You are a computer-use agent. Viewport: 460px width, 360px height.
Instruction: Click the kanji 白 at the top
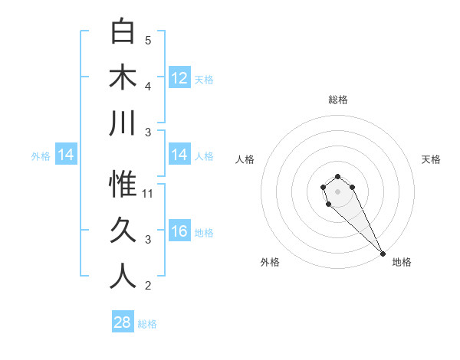(x=123, y=31)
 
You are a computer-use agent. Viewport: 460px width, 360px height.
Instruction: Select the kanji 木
(x=123, y=77)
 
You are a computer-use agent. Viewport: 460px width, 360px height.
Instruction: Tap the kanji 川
(x=123, y=123)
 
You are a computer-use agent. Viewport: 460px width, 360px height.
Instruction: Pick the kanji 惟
(x=123, y=185)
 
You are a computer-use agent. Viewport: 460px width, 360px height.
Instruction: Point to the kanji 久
(x=123, y=231)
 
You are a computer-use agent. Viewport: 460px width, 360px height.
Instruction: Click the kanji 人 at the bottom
(x=123, y=277)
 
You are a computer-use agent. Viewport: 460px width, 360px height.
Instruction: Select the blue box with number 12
(x=179, y=77)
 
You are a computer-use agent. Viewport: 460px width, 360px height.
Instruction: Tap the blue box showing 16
(x=179, y=231)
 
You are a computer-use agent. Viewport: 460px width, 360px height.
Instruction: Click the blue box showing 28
(x=123, y=322)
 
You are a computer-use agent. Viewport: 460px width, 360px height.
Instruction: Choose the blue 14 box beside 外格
(x=66, y=155)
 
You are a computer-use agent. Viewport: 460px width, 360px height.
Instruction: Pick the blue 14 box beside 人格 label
(x=179, y=155)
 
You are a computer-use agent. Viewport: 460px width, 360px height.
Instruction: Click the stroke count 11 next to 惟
(x=148, y=194)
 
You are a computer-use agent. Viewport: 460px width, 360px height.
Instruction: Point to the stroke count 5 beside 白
(x=148, y=41)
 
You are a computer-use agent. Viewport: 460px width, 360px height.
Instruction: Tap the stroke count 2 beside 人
(x=148, y=286)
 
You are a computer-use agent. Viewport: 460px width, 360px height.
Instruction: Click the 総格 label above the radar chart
(x=337, y=100)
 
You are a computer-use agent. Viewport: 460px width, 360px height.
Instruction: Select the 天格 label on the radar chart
(x=431, y=159)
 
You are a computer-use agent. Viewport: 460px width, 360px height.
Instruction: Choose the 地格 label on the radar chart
(x=402, y=262)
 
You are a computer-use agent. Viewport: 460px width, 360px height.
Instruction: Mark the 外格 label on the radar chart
(x=270, y=262)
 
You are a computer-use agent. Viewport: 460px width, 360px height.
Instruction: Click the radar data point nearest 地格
(x=383, y=254)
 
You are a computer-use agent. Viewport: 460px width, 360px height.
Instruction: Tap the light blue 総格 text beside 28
(x=147, y=324)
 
